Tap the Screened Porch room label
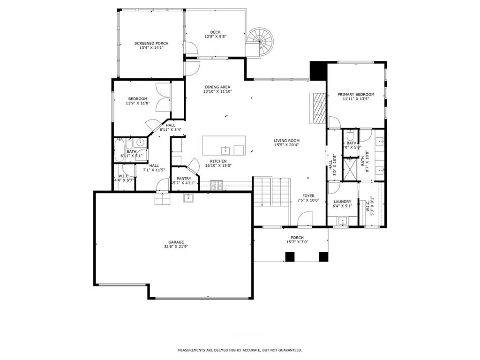point(151,43)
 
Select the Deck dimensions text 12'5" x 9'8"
point(215,37)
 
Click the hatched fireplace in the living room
point(319,107)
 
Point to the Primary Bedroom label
point(356,94)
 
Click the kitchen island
point(224,145)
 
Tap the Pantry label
point(184,178)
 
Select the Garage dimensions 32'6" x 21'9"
point(177,247)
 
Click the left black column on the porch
point(290,257)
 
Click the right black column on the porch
point(323,257)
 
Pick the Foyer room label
point(308,195)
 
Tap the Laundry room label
point(342,202)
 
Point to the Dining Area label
point(217,87)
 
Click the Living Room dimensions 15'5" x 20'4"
point(287,145)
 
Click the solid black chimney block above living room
point(318,70)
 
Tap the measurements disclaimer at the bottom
point(240,350)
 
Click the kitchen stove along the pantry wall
point(217,186)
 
